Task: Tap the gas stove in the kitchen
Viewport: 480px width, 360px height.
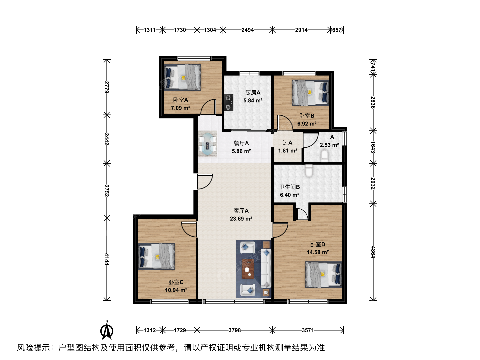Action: pyautogui.click(x=229, y=102)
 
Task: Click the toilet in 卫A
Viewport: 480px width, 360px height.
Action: pyautogui.click(x=324, y=156)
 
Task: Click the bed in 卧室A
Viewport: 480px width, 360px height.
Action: pyautogui.click(x=182, y=77)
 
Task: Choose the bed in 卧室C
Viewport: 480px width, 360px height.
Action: pyautogui.click(x=156, y=257)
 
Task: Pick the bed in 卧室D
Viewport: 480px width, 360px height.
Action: pyautogui.click(x=323, y=275)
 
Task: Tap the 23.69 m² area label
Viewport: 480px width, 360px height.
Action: pyautogui.click(x=241, y=219)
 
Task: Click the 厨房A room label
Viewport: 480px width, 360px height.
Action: pyautogui.click(x=253, y=93)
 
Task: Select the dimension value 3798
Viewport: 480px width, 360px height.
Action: pyautogui.click(x=235, y=330)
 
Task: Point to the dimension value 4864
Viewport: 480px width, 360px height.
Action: pyautogui.click(x=373, y=252)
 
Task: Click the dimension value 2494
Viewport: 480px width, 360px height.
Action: pyautogui.click(x=248, y=30)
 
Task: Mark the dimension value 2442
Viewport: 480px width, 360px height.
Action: pyautogui.click(x=106, y=139)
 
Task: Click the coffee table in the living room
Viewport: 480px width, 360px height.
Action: pyautogui.click(x=248, y=269)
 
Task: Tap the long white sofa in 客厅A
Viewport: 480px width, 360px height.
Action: pyautogui.click(x=266, y=268)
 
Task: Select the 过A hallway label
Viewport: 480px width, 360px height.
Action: pyautogui.click(x=288, y=143)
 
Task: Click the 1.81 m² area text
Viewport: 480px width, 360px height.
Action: pyautogui.click(x=288, y=151)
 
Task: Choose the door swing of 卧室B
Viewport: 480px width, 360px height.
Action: pyautogui.click(x=285, y=123)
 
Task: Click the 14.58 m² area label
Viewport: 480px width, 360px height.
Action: pyautogui.click(x=318, y=252)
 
